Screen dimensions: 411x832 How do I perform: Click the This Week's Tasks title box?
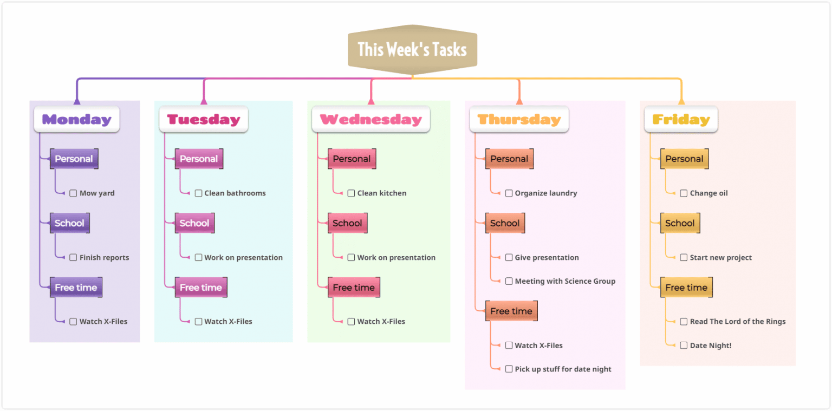coord(412,49)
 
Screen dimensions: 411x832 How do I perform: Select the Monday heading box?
coord(76,120)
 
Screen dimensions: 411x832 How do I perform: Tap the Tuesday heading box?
coord(204,120)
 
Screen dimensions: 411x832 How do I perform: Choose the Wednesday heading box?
coord(370,120)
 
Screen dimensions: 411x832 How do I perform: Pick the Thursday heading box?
coord(519,120)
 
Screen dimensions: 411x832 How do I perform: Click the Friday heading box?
coord(681,120)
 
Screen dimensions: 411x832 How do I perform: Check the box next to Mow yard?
coord(73,193)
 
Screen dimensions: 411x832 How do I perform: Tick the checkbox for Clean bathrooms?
coord(198,193)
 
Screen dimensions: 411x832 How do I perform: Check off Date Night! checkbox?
coord(684,345)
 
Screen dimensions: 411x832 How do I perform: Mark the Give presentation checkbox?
coord(509,258)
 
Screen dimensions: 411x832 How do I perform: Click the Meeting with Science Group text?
coord(565,281)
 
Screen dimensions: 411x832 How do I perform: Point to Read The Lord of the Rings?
coord(737,322)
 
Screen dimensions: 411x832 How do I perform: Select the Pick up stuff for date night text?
coord(563,369)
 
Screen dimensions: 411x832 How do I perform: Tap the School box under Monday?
coord(69,223)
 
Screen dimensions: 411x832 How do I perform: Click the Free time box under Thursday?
coord(511,311)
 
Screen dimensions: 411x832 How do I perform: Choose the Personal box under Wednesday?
coord(352,159)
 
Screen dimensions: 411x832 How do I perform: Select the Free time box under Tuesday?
coord(201,288)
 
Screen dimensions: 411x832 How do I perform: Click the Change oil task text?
coord(708,193)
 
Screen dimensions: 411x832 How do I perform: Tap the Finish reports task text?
coord(104,258)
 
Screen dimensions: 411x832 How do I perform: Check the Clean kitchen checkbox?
coord(351,193)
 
